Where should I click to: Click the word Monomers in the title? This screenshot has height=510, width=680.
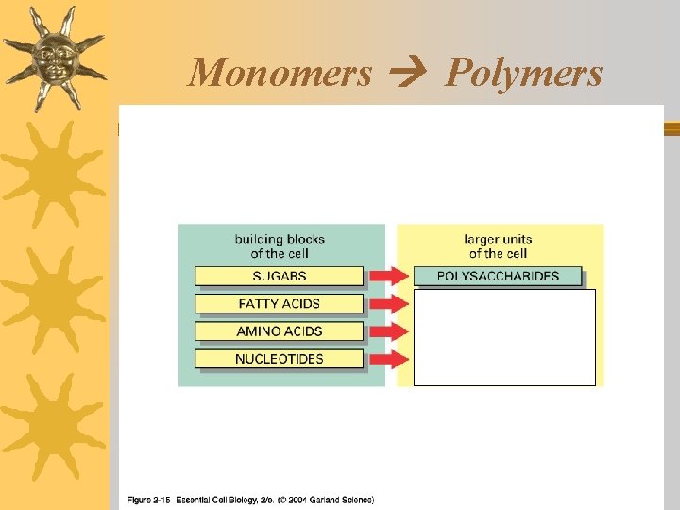(x=280, y=73)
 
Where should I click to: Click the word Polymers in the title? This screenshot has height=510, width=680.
(x=523, y=73)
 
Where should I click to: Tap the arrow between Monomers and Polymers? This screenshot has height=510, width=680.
(x=409, y=73)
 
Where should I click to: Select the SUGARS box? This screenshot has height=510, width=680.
(x=280, y=277)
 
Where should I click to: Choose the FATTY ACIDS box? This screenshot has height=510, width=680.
(x=280, y=304)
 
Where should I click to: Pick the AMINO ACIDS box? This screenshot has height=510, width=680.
(x=280, y=331)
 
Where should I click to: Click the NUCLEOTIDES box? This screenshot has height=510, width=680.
(x=280, y=359)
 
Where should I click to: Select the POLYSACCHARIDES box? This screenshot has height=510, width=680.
(x=498, y=277)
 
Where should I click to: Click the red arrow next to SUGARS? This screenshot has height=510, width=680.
(x=388, y=277)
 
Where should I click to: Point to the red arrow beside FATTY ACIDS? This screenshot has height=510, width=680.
(x=388, y=304)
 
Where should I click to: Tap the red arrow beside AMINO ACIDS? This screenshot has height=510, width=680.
(x=388, y=331)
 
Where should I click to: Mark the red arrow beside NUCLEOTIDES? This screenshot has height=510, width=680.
(x=388, y=359)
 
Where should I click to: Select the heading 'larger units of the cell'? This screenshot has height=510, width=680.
(x=498, y=246)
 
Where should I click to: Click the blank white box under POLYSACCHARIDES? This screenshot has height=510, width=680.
(x=505, y=337)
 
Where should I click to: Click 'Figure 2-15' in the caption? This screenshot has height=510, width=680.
(x=149, y=500)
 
